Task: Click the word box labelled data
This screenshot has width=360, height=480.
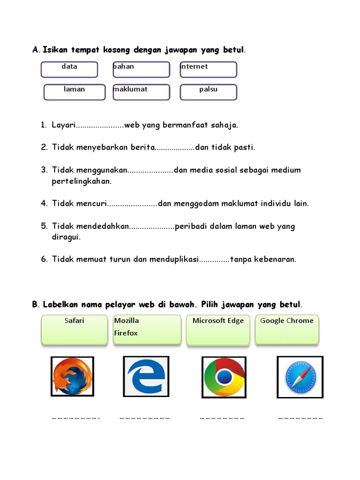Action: [69, 69]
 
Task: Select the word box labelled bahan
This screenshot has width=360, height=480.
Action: [141, 69]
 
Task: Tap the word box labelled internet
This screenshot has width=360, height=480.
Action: [208, 69]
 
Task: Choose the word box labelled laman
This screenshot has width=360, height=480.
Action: [74, 92]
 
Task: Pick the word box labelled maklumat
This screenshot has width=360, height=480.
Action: [141, 92]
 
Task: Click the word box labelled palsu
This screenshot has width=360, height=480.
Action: [208, 92]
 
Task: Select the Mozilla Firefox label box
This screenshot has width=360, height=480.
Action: [146, 330]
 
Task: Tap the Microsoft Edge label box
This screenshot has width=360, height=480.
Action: [218, 330]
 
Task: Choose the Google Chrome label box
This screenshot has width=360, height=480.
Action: [287, 330]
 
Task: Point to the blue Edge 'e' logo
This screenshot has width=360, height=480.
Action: [146, 376]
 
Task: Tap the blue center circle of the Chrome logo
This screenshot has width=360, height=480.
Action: [224, 377]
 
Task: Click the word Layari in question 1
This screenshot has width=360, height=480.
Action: [63, 125]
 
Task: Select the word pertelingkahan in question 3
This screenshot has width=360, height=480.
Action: [82, 181]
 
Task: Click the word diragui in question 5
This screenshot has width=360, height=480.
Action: [66, 237]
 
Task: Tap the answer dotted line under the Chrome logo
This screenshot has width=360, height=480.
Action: [222, 417]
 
